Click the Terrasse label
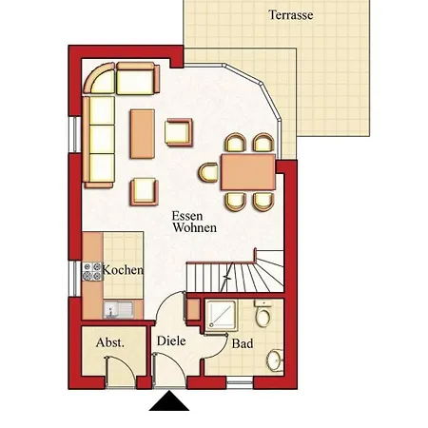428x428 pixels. click(291, 15)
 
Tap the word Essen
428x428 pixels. click(187, 216)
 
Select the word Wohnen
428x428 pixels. click(195, 227)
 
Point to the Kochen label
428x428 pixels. click(123, 270)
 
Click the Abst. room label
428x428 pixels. click(110, 342)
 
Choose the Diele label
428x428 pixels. click(171, 341)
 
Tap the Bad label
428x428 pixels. click(243, 343)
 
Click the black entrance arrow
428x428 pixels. click(169, 400)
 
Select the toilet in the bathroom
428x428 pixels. click(263, 314)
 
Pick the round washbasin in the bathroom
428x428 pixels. click(275, 360)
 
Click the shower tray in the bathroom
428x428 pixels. click(221, 316)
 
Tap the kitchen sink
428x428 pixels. click(119, 309)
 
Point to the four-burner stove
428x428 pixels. click(92, 272)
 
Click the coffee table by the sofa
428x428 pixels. click(143, 134)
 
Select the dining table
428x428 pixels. click(248, 172)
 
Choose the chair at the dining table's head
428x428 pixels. click(208, 172)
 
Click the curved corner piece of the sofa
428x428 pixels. click(99, 78)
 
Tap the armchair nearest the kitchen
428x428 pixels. click(145, 192)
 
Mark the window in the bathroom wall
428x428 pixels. click(240, 382)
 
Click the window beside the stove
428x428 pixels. click(75, 279)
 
